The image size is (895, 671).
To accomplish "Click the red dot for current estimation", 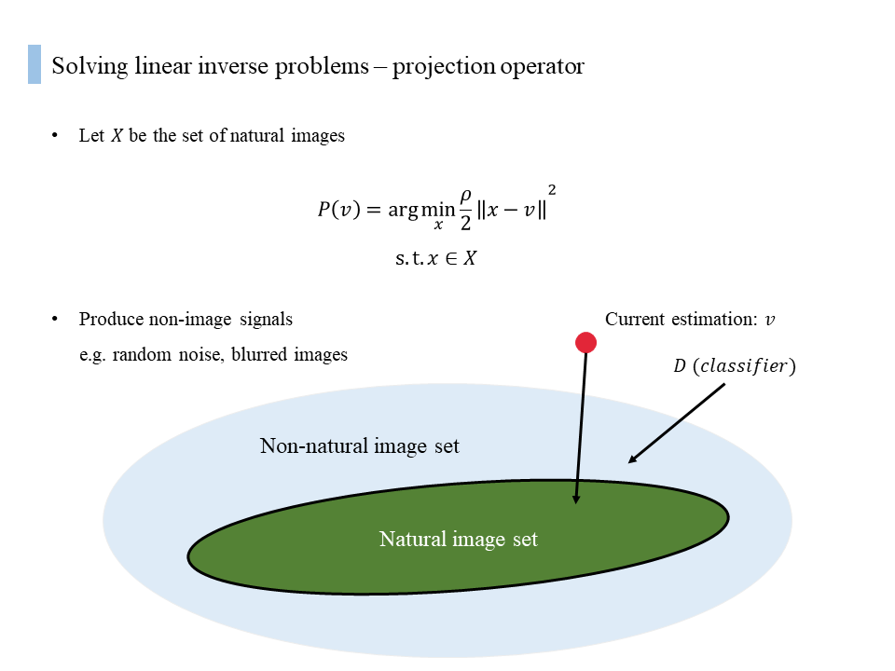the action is [585, 342].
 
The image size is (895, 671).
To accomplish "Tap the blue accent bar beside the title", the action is [34, 64].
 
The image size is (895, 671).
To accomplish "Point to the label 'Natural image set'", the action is [459, 540].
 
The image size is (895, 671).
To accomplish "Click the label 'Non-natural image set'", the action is [360, 446].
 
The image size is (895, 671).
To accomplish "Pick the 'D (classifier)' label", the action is [735, 365].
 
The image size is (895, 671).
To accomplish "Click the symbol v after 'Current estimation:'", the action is [770, 320].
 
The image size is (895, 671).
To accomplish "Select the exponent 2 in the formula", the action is [552, 190].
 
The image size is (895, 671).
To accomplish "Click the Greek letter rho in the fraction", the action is [466, 198].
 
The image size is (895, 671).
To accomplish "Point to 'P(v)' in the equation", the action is [339, 210].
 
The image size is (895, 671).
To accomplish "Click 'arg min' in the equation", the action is [421, 211].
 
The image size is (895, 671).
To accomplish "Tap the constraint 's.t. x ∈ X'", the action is [435, 258].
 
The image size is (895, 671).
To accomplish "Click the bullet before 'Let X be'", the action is [55, 135].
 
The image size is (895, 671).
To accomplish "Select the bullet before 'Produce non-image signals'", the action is [55, 319].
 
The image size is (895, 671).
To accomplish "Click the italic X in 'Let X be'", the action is [117, 136].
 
